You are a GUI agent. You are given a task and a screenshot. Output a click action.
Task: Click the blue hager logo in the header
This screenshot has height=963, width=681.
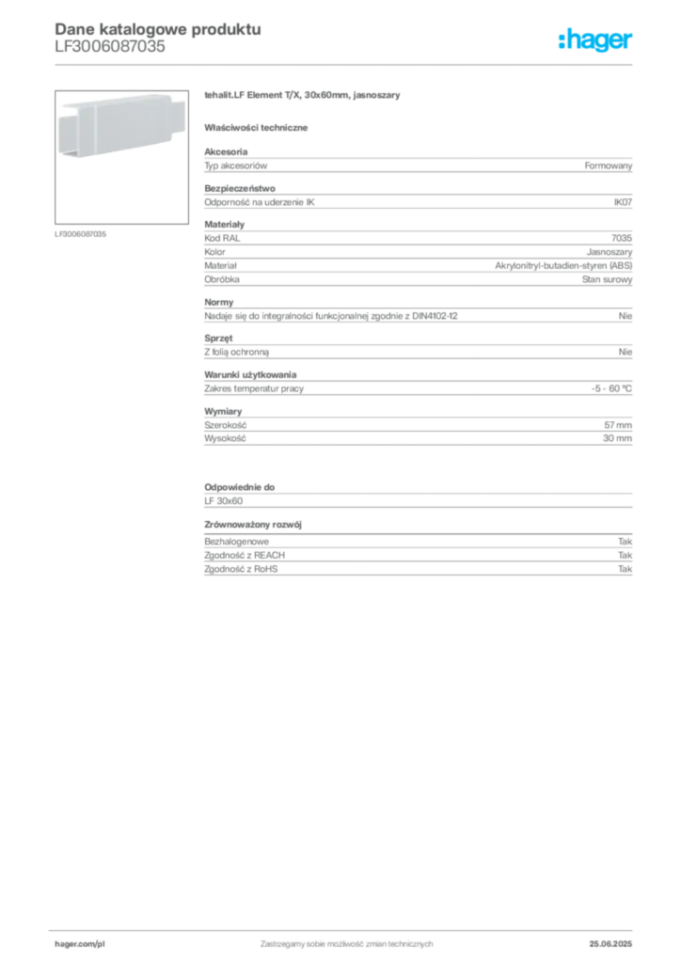pyautogui.click(x=597, y=41)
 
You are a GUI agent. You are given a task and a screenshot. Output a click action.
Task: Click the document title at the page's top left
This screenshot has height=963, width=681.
pyautogui.click(x=156, y=27)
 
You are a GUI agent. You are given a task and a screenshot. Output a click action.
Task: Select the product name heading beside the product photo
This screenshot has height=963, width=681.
pyautogui.click(x=305, y=97)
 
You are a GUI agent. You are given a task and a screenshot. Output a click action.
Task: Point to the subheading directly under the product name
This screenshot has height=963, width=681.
pyautogui.click(x=260, y=127)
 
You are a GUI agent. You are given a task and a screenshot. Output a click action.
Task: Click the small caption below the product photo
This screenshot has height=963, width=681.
pyautogui.click(x=83, y=233)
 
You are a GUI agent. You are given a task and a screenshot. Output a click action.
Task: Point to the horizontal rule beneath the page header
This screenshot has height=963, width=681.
pyautogui.click(x=346, y=63)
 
